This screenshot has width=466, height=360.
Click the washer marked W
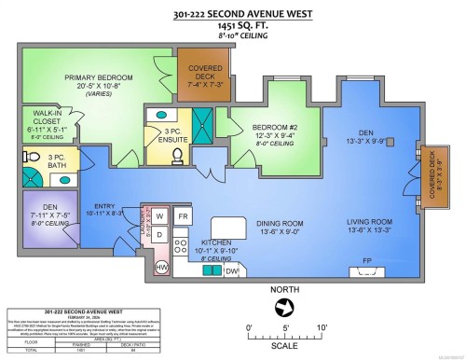tap(159, 215)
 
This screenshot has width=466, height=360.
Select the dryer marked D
tap(159, 234)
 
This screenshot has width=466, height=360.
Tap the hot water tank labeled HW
tap(161, 267)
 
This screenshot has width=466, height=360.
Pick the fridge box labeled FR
tap(184, 216)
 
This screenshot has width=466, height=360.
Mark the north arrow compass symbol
tap(285, 305)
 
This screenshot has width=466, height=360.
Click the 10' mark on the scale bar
tap(321, 328)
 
